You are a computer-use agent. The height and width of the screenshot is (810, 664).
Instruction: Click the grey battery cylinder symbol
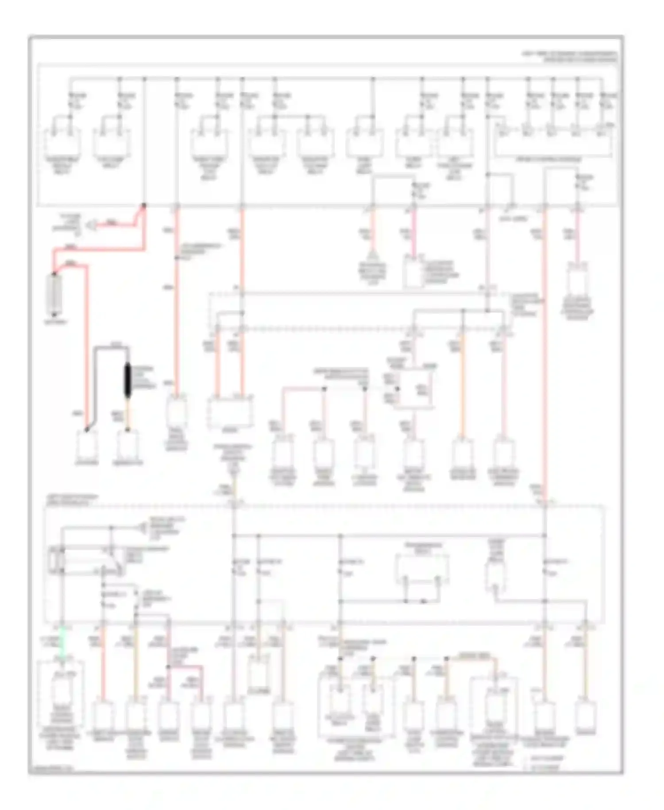[55, 294]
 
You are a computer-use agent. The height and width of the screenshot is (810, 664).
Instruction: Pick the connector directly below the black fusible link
[127, 445]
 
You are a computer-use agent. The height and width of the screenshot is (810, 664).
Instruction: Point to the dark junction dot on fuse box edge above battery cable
[144, 206]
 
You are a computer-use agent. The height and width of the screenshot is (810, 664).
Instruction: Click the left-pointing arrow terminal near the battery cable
[91, 225]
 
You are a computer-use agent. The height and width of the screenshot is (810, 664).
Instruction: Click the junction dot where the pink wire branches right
[169, 666]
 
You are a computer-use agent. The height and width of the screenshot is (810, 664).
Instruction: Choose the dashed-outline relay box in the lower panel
[423, 569]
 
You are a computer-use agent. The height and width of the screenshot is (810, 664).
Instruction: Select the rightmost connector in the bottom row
[586, 713]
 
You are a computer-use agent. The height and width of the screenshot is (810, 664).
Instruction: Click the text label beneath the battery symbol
[55, 322]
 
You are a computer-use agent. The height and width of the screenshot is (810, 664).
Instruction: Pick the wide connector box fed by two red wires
[230, 411]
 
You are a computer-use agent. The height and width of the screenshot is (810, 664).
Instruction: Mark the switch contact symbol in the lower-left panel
[111, 561]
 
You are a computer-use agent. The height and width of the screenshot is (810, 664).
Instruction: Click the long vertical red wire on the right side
[545, 354]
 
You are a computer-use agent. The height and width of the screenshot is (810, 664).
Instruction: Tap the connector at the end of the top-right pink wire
[577, 279]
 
